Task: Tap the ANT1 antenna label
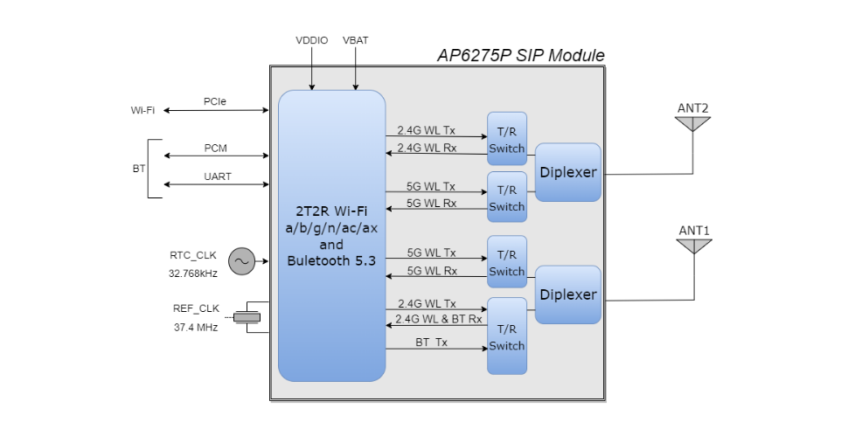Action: (x=694, y=231)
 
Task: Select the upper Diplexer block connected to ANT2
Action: (x=568, y=172)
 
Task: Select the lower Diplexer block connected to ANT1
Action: (x=568, y=294)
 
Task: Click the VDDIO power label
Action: (x=312, y=41)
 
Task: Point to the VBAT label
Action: (x=356, y=41)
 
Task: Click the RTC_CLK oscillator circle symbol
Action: (x=240, y=261)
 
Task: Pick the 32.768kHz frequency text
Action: (x=193, y=273)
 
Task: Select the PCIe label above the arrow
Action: (x=215, y=101)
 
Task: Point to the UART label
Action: (x=218, y=177)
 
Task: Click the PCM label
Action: (x=215, y=148)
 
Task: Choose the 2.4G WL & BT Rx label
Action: (x=439, y=319)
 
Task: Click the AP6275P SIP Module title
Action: (x=520, y=56)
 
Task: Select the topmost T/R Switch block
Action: (x=507, y=139)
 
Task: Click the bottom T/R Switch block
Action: (x=507, y=336)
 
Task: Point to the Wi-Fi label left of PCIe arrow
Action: (x=142, y=110)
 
